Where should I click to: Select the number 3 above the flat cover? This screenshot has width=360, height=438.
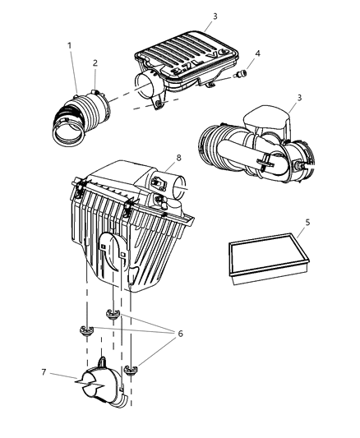pyautogui.click(x=215, y=16)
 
